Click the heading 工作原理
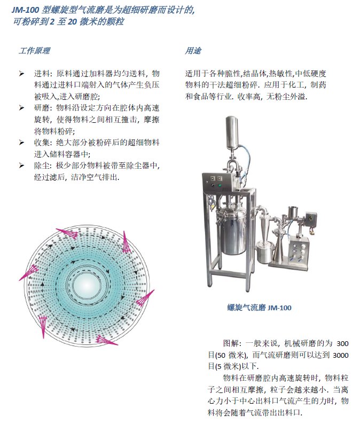click(x=34, y=51)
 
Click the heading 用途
click(x=193, y=51)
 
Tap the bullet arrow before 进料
click(x=22, y=74)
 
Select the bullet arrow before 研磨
click(x=22, y=108)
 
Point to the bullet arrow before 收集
click(x=22, y=143)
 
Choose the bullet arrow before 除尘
click(x=22, y=166)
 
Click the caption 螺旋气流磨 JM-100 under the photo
click(x=259, y=308)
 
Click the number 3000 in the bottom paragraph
click(x=341, y=355)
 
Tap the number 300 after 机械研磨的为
click(x=342, y=343)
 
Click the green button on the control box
click(x=220, y=185)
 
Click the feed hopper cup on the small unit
click(x=292, y=213)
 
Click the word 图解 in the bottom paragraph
click(x=231, y=343)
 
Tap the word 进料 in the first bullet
click(x=42, y=74)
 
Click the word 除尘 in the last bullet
click(x=42, y=166)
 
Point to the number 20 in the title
click(x=73, y=22)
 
